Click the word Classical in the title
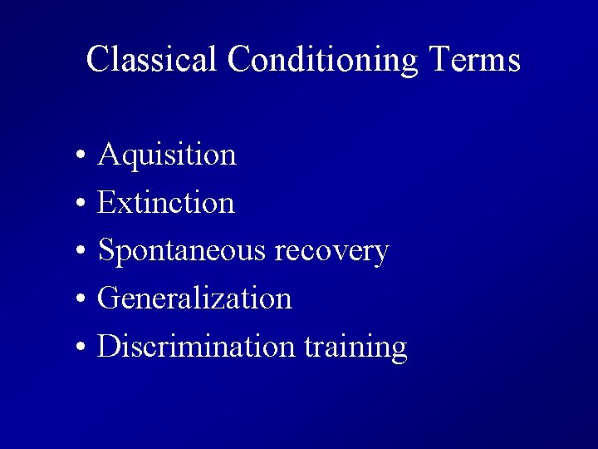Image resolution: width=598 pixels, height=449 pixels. [x=152, y=60]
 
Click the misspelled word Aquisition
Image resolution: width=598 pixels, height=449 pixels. [x=167, y=155]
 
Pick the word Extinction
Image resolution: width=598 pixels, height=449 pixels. [x=166, y=202]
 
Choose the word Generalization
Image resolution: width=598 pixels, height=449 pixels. [x=194, y=299]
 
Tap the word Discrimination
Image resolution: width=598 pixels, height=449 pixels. [x=196, y=347]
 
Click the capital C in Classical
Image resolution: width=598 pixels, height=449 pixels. [x=98, y=60]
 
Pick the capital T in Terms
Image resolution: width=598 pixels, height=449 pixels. [x=440, y=60]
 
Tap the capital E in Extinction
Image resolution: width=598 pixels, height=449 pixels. [x=106, y=202]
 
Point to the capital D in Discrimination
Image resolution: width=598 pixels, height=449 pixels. [x=108, y=347]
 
